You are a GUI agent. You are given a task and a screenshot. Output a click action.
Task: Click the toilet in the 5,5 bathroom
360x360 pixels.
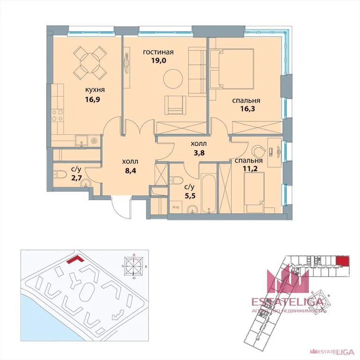[x=176, y=180]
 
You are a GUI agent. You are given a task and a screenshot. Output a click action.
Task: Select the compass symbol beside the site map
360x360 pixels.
[x=134, y=266]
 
